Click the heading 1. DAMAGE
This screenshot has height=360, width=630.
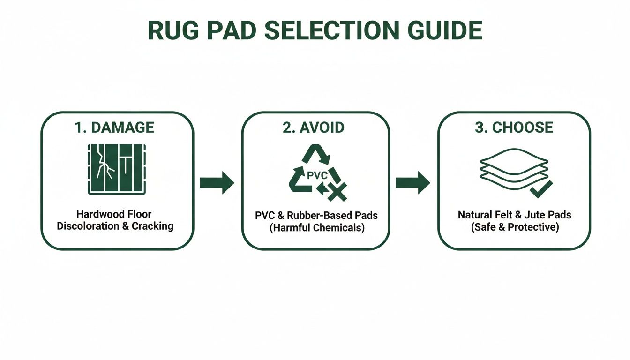point(114,127)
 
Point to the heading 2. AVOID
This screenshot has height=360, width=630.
point(314,127)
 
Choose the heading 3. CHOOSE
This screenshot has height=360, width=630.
point(514,127)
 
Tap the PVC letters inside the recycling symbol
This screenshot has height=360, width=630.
point(316,176)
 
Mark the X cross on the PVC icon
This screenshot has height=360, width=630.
point(337,192)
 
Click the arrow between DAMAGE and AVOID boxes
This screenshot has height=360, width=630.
point(217,182)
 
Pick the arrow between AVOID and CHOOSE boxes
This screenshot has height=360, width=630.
point(412,182)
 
